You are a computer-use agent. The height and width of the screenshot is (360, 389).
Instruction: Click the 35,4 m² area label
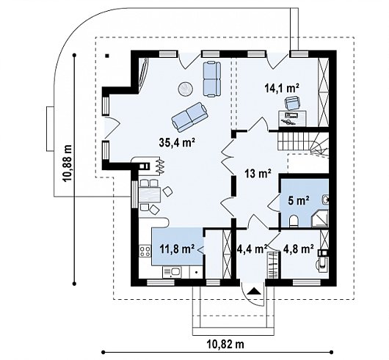click(x=176, y=142)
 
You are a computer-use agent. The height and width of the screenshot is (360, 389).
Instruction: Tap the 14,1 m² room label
click(x=282, y=89)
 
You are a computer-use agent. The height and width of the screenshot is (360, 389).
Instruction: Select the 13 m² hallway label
click(x=258, y=173)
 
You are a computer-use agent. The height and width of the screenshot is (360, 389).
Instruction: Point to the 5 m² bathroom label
click(x=299, y=200)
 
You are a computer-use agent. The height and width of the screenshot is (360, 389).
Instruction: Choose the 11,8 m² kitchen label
click(x=177, y=249)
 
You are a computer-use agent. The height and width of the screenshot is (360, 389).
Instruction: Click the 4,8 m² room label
click(x=297, y=249)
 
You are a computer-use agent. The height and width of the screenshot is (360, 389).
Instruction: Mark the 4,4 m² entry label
click(x=252, y=249)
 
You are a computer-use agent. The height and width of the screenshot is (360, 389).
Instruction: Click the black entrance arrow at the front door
click(x=254, y=290)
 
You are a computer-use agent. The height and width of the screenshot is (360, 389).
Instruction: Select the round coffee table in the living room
click(x=185, y=89)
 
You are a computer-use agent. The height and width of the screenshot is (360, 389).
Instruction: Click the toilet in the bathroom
click(x=294, y=221)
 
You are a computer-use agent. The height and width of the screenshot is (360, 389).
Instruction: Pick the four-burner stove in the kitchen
click(x=145, y=251)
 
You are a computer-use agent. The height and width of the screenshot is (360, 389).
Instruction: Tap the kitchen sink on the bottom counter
click(x=172, y=272)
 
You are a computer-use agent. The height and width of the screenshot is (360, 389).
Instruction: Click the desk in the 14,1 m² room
click(x=292, y=118)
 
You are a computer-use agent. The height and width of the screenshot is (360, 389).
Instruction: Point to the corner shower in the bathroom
click(x=320, y=218)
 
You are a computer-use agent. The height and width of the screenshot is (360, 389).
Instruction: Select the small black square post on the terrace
click(x=107, y=56)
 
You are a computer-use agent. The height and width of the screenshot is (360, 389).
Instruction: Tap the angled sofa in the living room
click(x=189, y=117)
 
